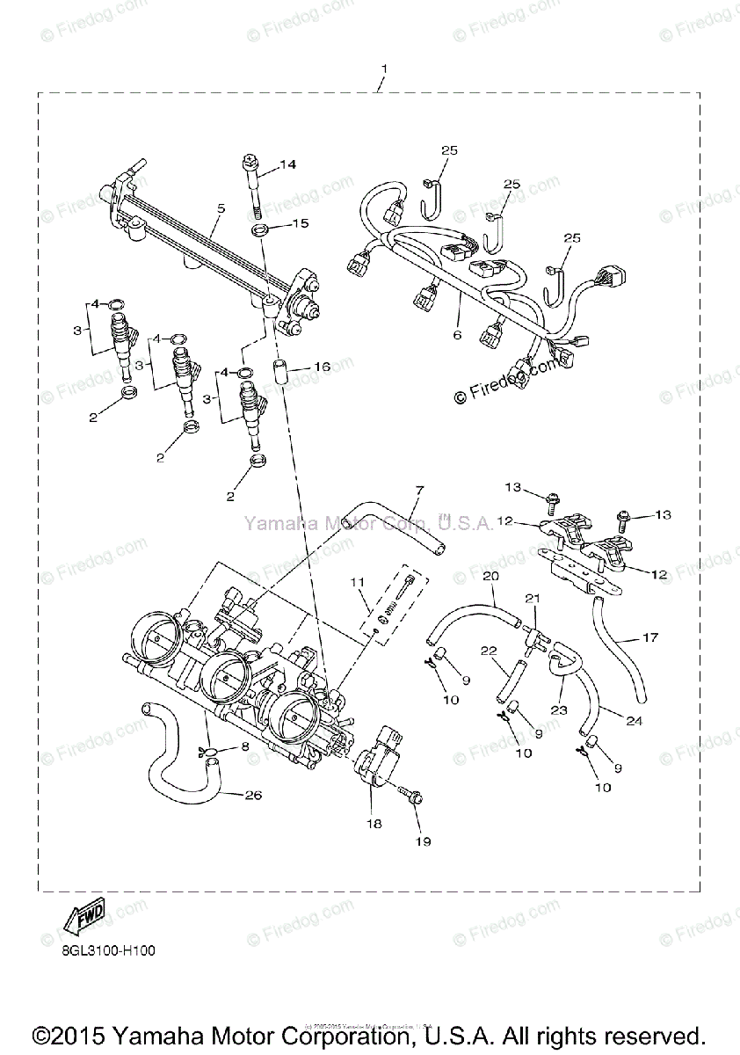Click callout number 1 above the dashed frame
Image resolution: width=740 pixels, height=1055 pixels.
(384, 69)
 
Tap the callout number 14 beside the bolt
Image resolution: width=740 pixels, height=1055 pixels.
(289, 164)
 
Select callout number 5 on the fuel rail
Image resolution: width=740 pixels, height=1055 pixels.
(221, 208)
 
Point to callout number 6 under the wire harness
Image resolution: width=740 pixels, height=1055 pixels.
(457, 334)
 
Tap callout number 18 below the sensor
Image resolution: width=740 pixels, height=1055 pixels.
(374, 824)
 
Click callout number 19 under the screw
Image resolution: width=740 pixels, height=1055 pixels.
(424, 841)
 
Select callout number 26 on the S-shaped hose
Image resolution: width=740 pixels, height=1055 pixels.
(253, 797)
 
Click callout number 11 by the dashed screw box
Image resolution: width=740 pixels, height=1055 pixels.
(356, 582)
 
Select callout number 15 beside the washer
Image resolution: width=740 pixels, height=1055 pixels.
(300, 223)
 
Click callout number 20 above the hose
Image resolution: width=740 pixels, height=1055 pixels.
(490, 575)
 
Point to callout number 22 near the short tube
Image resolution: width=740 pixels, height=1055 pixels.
(490, 651)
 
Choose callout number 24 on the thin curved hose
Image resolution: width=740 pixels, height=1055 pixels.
(635, 721)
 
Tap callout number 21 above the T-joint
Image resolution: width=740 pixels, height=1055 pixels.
(532, 599)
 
